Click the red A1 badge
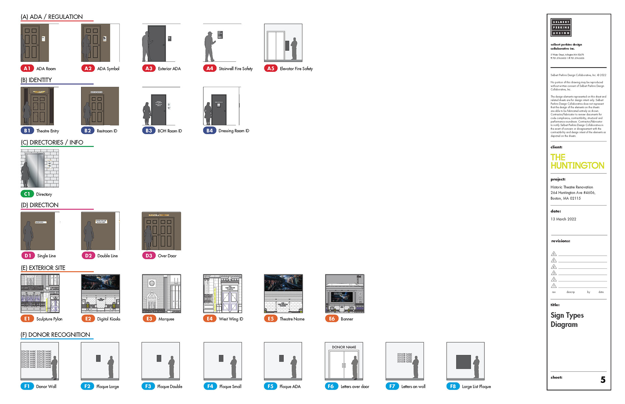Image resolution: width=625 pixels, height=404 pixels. [27, 68]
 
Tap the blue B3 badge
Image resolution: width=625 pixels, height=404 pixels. [148, 130]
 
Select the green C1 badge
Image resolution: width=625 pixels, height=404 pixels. [27, 194]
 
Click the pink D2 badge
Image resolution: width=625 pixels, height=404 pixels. [88, 256]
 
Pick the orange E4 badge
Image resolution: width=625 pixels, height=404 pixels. [210, 319]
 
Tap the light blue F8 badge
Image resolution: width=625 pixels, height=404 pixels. [453, 386]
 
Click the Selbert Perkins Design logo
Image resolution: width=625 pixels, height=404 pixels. [561, 28]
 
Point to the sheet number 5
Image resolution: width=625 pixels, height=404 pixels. [603, 380]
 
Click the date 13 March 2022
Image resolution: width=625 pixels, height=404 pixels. [563, 219]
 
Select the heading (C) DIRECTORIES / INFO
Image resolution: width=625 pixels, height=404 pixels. [52, 142]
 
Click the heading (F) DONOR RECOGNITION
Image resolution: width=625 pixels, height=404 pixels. [55, 335]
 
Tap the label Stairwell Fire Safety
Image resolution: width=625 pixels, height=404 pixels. [236, 69]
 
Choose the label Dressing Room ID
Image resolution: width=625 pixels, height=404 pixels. [234, 131]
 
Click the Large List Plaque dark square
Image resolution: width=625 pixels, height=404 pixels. [463, 362]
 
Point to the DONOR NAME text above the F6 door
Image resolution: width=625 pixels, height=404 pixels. [344, 347]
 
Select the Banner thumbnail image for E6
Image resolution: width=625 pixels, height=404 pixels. [344, 294]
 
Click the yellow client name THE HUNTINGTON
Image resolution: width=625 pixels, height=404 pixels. [577, 162]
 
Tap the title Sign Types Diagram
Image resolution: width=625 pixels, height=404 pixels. [567, 320]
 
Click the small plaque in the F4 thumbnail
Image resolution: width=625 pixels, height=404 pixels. [221, 358]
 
